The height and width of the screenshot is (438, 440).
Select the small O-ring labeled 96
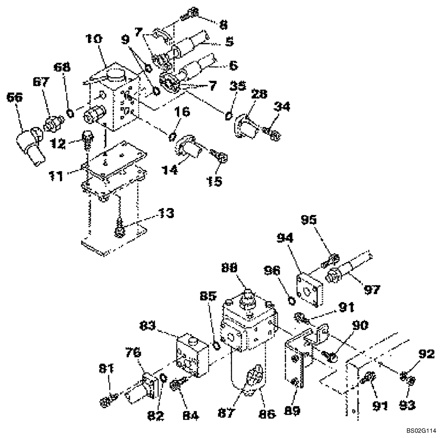(291, 300)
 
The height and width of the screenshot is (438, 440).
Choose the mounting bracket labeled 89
(295, 365)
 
